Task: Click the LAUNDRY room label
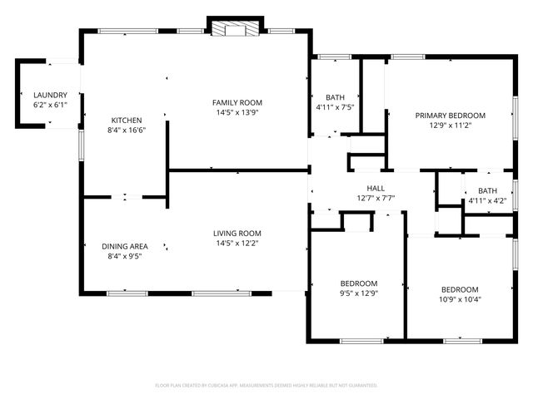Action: (50, 95)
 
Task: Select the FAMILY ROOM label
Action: (237, 102)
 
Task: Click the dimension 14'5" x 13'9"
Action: (237, 112)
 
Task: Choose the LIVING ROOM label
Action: (237, 234)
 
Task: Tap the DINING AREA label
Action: (125, 246)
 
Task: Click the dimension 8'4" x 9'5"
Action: (125, 256)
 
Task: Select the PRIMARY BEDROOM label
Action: (450, 116)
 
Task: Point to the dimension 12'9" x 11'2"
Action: (450, 126)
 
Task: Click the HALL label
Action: (376, 188)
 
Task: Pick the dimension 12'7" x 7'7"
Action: (376, 198)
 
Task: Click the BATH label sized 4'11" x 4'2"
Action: (487, 190)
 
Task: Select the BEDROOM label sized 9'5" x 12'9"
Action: (359, 283)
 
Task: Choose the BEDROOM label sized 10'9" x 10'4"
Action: (460, 289)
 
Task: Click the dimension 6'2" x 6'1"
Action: (50, 105)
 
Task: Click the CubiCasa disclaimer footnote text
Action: (266, 385)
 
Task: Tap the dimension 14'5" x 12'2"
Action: (237, 244)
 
